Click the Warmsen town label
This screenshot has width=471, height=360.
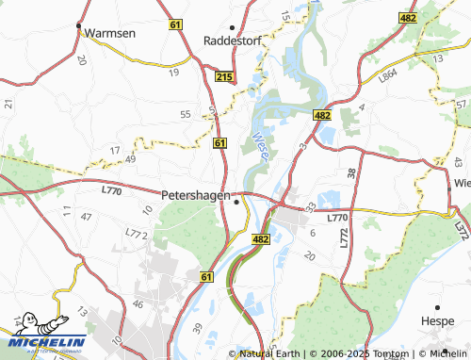pos(110,33)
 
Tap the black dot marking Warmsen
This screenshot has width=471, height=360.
pos(79,25)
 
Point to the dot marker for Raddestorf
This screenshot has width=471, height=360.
pos(233,26)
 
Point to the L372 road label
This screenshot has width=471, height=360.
pos(460,226)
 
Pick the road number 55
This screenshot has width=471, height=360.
pos(185,114)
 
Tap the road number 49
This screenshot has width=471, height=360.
pos(131,159)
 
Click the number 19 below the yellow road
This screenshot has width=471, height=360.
pos(173,72)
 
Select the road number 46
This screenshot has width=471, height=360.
pos(138,304)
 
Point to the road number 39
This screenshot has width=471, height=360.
pos(197,325)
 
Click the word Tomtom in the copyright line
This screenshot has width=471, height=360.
pos(381,353)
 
